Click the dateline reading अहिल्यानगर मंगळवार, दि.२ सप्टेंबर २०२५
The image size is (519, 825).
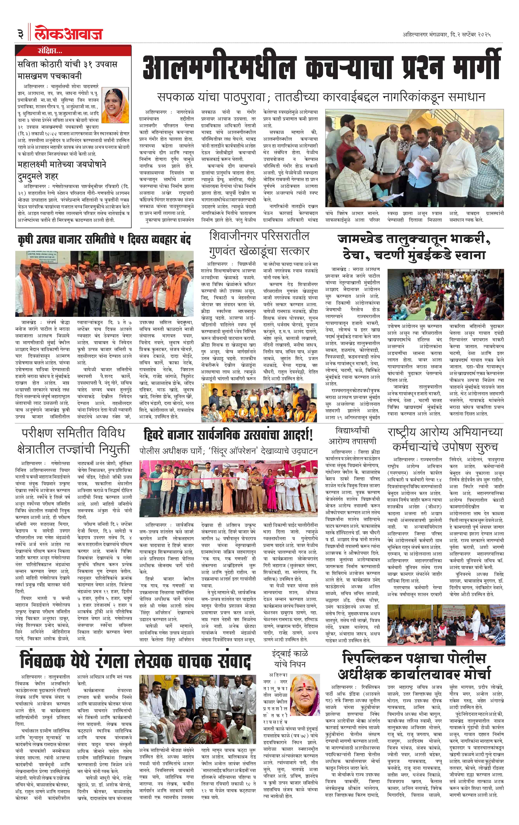click(446, 35)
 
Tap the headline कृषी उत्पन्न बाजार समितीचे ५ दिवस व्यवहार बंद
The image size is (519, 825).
click(104, 239)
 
